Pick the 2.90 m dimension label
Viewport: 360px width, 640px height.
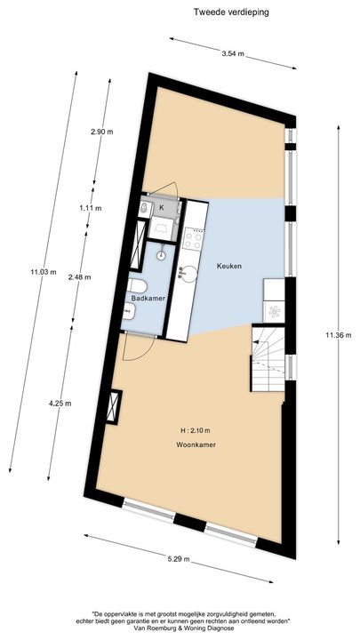pyautogui.click(x=103, y=132)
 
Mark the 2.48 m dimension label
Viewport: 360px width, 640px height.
pyautogui.click(x=80, y=277)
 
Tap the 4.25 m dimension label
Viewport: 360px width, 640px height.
pyautogui.click(x=60, y=404)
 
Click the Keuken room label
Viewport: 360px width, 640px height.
pyautogui.click(x=229, y=266)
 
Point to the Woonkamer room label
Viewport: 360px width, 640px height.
pyautogui.click(x=197, y=444)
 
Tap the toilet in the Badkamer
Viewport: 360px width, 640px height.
pyautogui.click(x=138, y=284)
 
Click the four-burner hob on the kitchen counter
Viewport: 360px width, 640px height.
pyautogui.click(x=193, y=238)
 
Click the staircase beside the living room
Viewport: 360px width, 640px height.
pyautogui.click(x=267, y=359)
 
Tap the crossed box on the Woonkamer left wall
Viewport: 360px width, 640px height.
pyautogui.click(x=113, y=408)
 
